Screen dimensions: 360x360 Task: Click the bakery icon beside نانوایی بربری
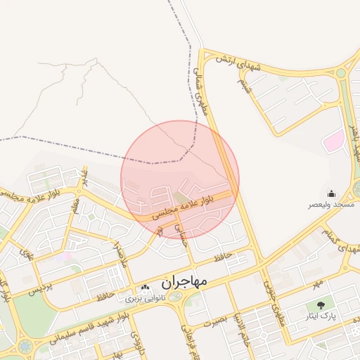coord(145,288)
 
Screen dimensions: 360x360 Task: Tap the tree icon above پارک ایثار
coord(321,305)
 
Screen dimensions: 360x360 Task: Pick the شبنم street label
coord(243,87)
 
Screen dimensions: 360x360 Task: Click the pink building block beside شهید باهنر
coord(333,141)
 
